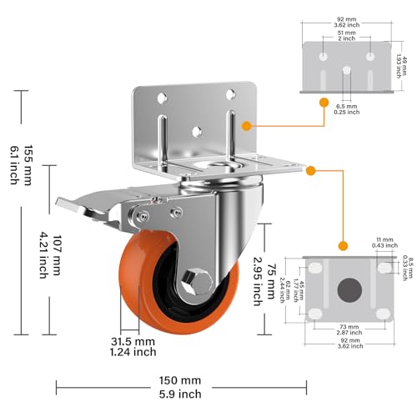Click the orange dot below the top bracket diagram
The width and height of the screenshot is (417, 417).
coord(321,102)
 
